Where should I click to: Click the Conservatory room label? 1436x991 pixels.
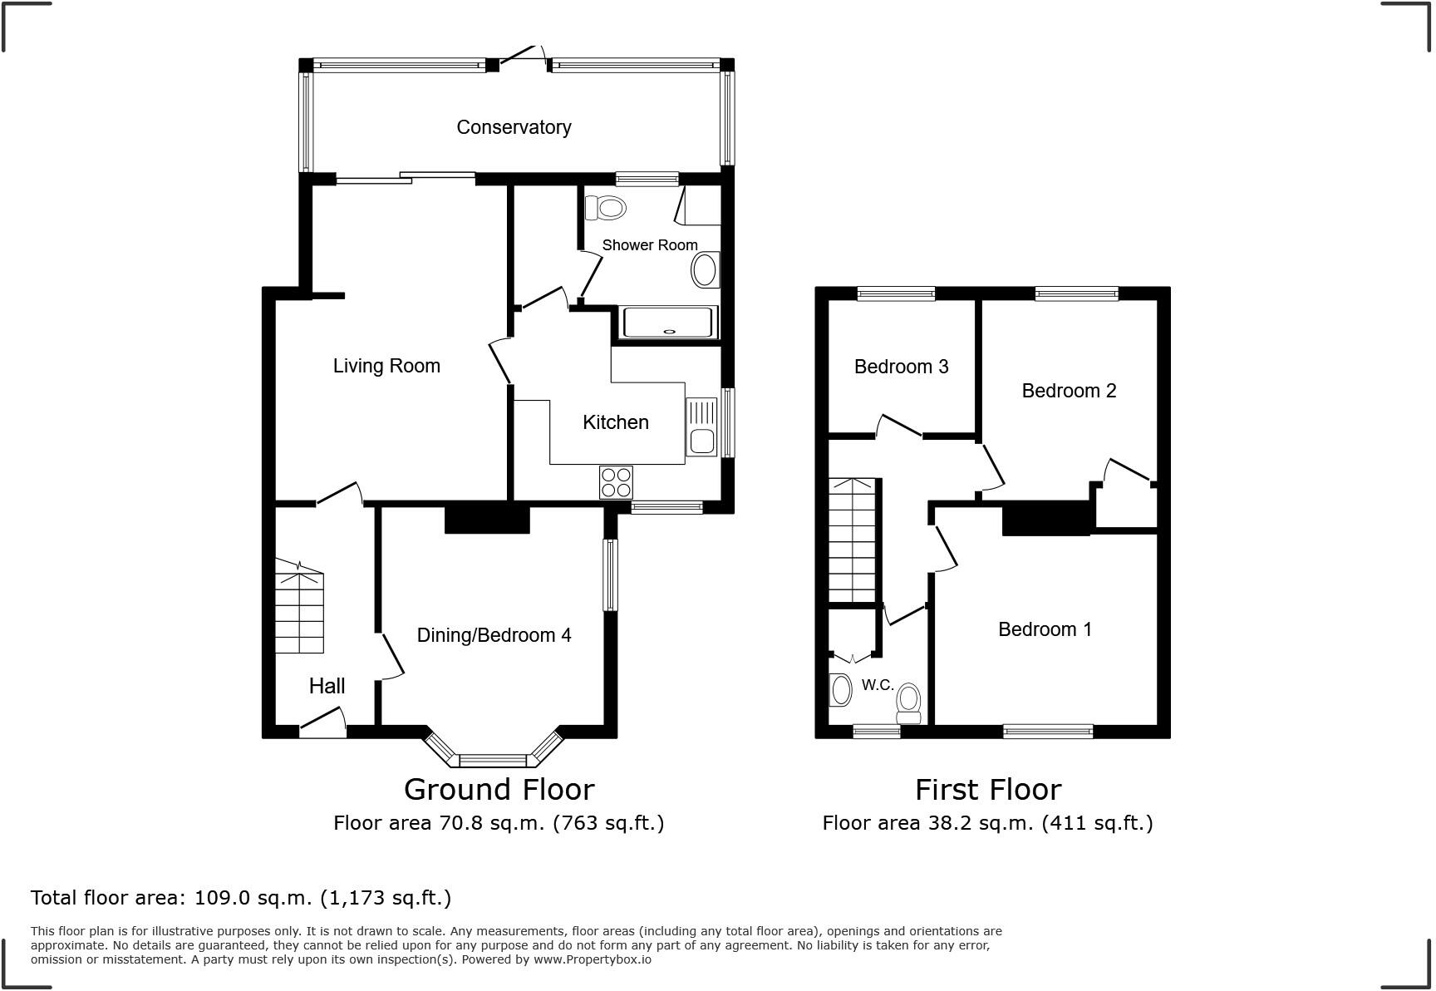[514, 127]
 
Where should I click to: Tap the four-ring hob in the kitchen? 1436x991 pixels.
[616, 482]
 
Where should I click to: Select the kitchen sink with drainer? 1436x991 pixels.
[701, 427]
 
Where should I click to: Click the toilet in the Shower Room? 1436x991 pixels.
[605, 207]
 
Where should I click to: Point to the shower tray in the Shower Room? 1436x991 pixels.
[669, 323]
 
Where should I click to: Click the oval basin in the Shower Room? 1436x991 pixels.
[706, 271]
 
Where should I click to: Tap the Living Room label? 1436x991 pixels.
[386, 366]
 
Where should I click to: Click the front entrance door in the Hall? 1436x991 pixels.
[322, 723]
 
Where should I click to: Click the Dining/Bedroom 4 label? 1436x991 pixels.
[494, 635]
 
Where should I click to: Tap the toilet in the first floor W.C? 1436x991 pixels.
[909, 703]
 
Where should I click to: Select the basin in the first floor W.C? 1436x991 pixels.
[841, 690]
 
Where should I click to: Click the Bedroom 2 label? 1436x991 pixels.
[1069, 391]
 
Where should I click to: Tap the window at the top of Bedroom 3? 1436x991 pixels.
[896, 293]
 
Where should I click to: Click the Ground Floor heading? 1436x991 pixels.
[499, 789]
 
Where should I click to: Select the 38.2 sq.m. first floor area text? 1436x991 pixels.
[987, 823]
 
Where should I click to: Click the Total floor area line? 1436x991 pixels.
[241, 898]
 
